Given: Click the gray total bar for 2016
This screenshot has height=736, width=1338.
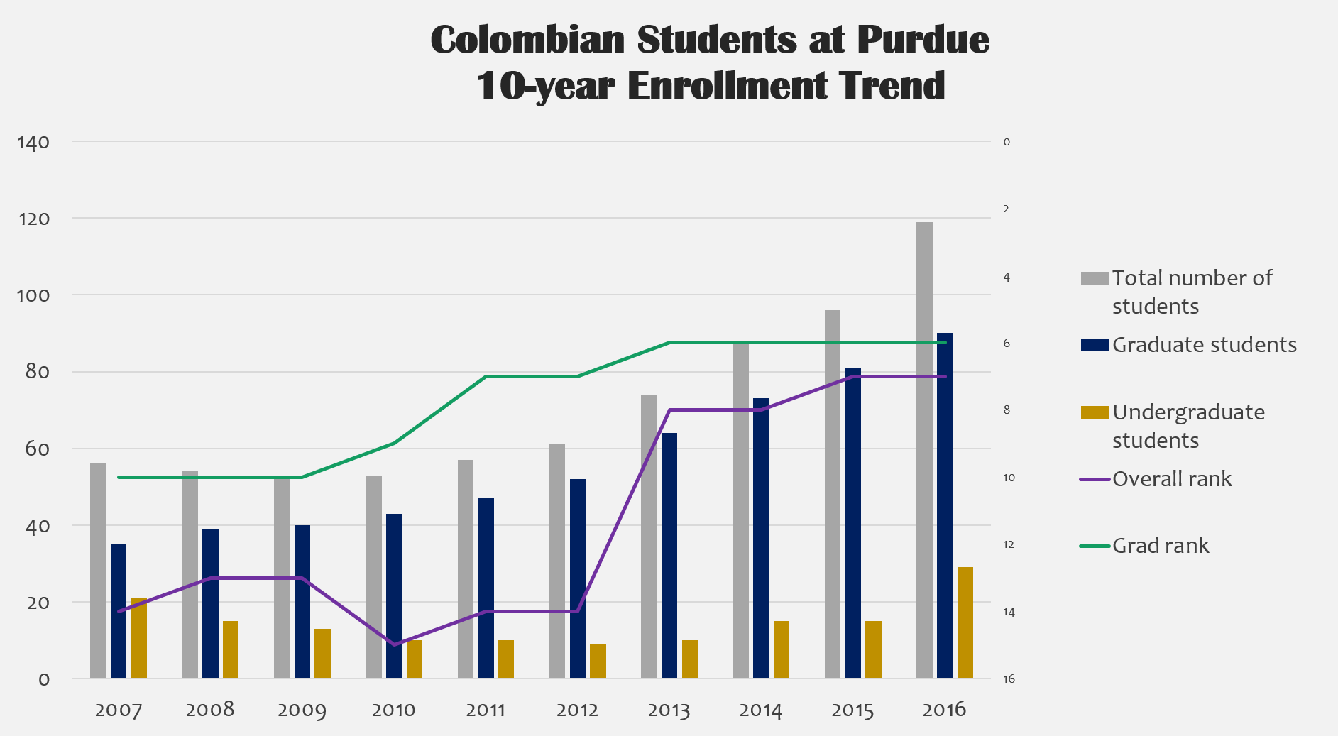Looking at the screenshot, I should coord(924,450).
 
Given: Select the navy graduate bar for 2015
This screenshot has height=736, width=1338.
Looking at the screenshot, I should coord(852,522).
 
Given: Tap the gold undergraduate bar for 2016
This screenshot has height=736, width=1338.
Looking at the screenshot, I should coord(965,622).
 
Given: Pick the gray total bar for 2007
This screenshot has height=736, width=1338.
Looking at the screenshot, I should coord(98,571).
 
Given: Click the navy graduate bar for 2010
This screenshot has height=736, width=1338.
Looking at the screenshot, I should coord(394,595).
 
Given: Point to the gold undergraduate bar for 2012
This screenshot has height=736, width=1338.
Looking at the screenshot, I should coord(598,661).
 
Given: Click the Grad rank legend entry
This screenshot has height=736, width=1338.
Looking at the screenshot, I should coord(1160,546).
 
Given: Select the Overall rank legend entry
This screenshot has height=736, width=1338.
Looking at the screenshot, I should coord(1171,479).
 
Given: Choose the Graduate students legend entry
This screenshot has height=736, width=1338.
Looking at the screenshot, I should coord(1204,345).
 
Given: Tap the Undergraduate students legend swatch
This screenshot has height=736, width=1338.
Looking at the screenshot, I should coord(1095,412).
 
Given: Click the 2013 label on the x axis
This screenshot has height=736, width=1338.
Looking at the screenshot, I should coord(669,710).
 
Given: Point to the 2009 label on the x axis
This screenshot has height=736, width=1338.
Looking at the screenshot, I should coord(302,710).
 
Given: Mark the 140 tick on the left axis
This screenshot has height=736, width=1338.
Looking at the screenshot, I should coord(33,143).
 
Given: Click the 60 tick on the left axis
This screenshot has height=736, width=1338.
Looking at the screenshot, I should coord(37,449).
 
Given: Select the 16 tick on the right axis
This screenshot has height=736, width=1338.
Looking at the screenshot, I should coord(1009,679).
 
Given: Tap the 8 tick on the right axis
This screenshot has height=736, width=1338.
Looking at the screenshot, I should coord(1007,410).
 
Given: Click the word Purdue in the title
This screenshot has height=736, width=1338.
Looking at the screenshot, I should coord(923,40).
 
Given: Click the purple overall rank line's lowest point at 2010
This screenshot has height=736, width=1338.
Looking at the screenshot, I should coord(394,644).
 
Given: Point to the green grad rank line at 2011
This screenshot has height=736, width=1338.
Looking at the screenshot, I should coord(486,376).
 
